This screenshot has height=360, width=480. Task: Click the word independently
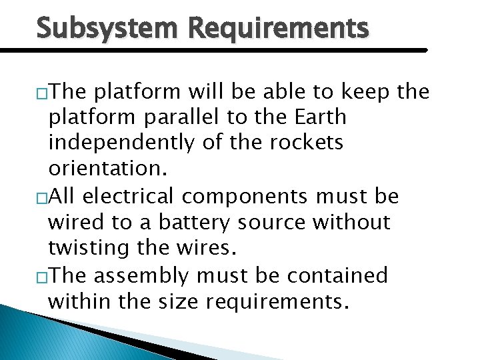112,143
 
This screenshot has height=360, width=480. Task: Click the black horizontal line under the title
213,50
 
